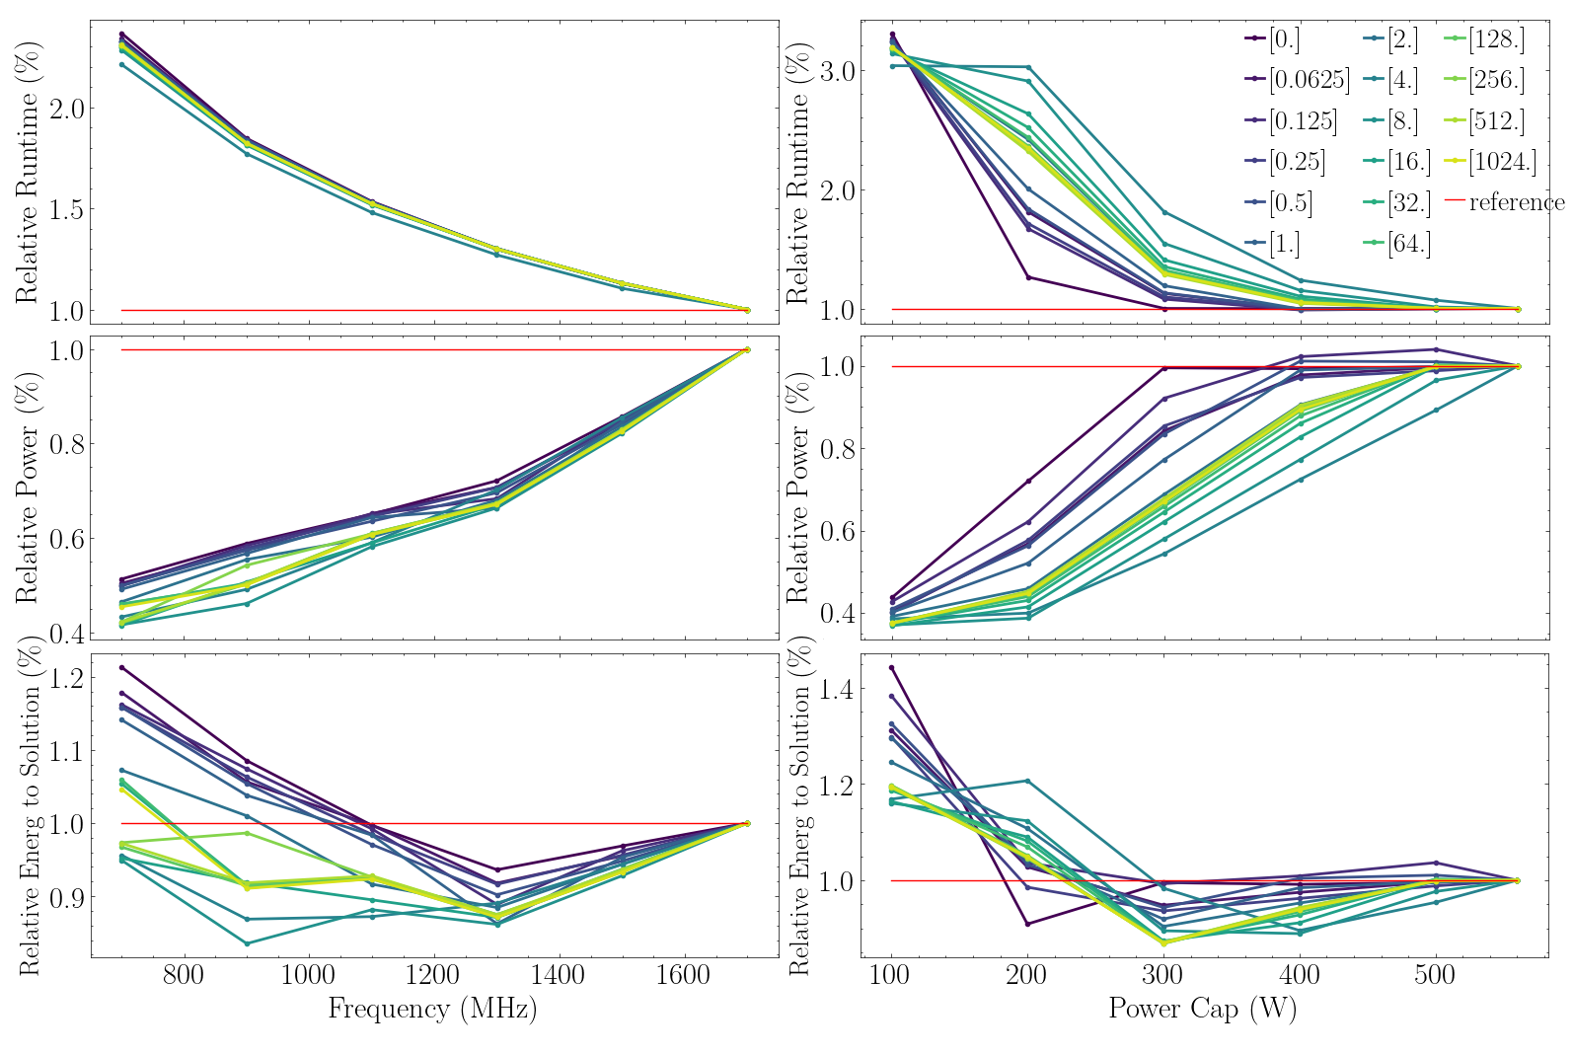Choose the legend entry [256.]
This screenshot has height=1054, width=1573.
(1496, 80)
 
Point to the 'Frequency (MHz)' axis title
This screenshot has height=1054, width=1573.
(432, 1009)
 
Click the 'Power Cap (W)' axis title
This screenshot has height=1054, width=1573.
(1202, 1009)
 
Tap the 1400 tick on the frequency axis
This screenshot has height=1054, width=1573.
(558, 976)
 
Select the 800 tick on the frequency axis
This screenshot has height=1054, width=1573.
(184, 976)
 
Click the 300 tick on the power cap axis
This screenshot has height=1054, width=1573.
(1163, 976)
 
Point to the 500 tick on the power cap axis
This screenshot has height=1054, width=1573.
(1435, 976)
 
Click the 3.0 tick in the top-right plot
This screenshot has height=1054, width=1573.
(835, 71)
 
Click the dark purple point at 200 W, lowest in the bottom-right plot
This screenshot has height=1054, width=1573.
(1027, 924)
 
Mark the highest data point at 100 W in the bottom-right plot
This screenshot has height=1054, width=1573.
(892, 668)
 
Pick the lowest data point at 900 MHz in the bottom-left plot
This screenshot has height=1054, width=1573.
(247, 943)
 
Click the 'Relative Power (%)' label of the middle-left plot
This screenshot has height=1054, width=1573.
(27, 488)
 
